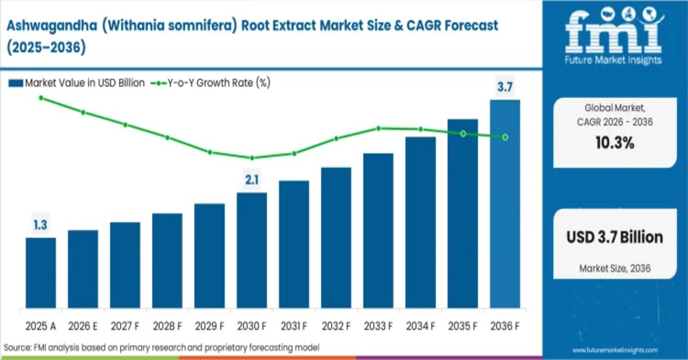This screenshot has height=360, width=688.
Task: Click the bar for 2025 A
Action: pyautogui.click(x=41, y=272)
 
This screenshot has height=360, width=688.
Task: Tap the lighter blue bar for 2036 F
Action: pyautogui.click(x=505, y=204)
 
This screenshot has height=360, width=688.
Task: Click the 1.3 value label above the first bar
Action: pyautogui.click(x=40, y=225)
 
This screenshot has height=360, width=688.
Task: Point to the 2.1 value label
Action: pyautogui.click(x=252, y=180)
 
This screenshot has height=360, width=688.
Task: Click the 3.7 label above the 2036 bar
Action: pyautogui.click(x=505, y=87)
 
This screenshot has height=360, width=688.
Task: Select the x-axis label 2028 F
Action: pyautogui.click(x=167, y=326)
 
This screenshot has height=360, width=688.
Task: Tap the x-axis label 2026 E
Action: pyautogui.click(x=83, y=326)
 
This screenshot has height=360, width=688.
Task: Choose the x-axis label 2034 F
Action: pyautogui.click(x=420, y=326)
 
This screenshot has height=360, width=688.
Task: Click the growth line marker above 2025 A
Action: pyautogui.click(x=41, y=98)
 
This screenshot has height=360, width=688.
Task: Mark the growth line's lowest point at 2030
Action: pyautogui.click(x=252, y=158)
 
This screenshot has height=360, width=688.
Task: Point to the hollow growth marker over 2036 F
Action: pyautogui.click(x=505, y=137)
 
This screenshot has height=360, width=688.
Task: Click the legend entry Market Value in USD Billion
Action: pyautogui.click(x=77, y=83)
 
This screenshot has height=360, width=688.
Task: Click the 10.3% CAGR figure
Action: pyautogui.click(x=614, y=143)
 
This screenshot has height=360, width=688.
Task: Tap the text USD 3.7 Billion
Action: pyautogui.click(x=615, y=237)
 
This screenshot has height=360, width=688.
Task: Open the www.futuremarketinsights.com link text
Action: pyautogui.click(x=615, y=350)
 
